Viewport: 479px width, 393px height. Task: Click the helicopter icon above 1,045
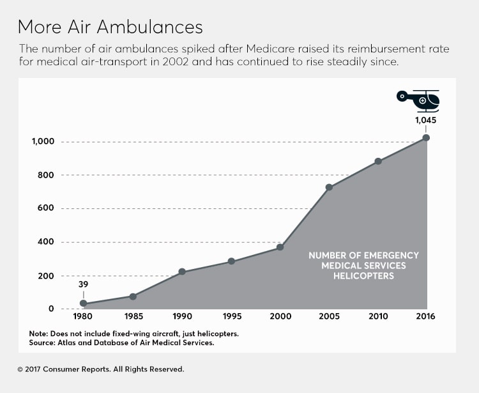pos(419,100)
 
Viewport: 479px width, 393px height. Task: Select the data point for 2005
pos(329,187)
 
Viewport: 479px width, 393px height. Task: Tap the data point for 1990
pos(182,272)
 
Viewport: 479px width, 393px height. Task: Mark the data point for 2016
pos(426,137)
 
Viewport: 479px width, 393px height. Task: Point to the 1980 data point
pos(83,304)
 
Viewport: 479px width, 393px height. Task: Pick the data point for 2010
pos(378,161)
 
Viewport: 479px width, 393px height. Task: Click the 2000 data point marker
pos(280,247)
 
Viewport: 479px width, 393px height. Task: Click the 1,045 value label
pos(425,119)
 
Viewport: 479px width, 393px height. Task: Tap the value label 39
pos(83,285)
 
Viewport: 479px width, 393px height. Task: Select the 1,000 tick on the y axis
pos(43,142)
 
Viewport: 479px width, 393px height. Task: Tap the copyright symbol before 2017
pos(20,369)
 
